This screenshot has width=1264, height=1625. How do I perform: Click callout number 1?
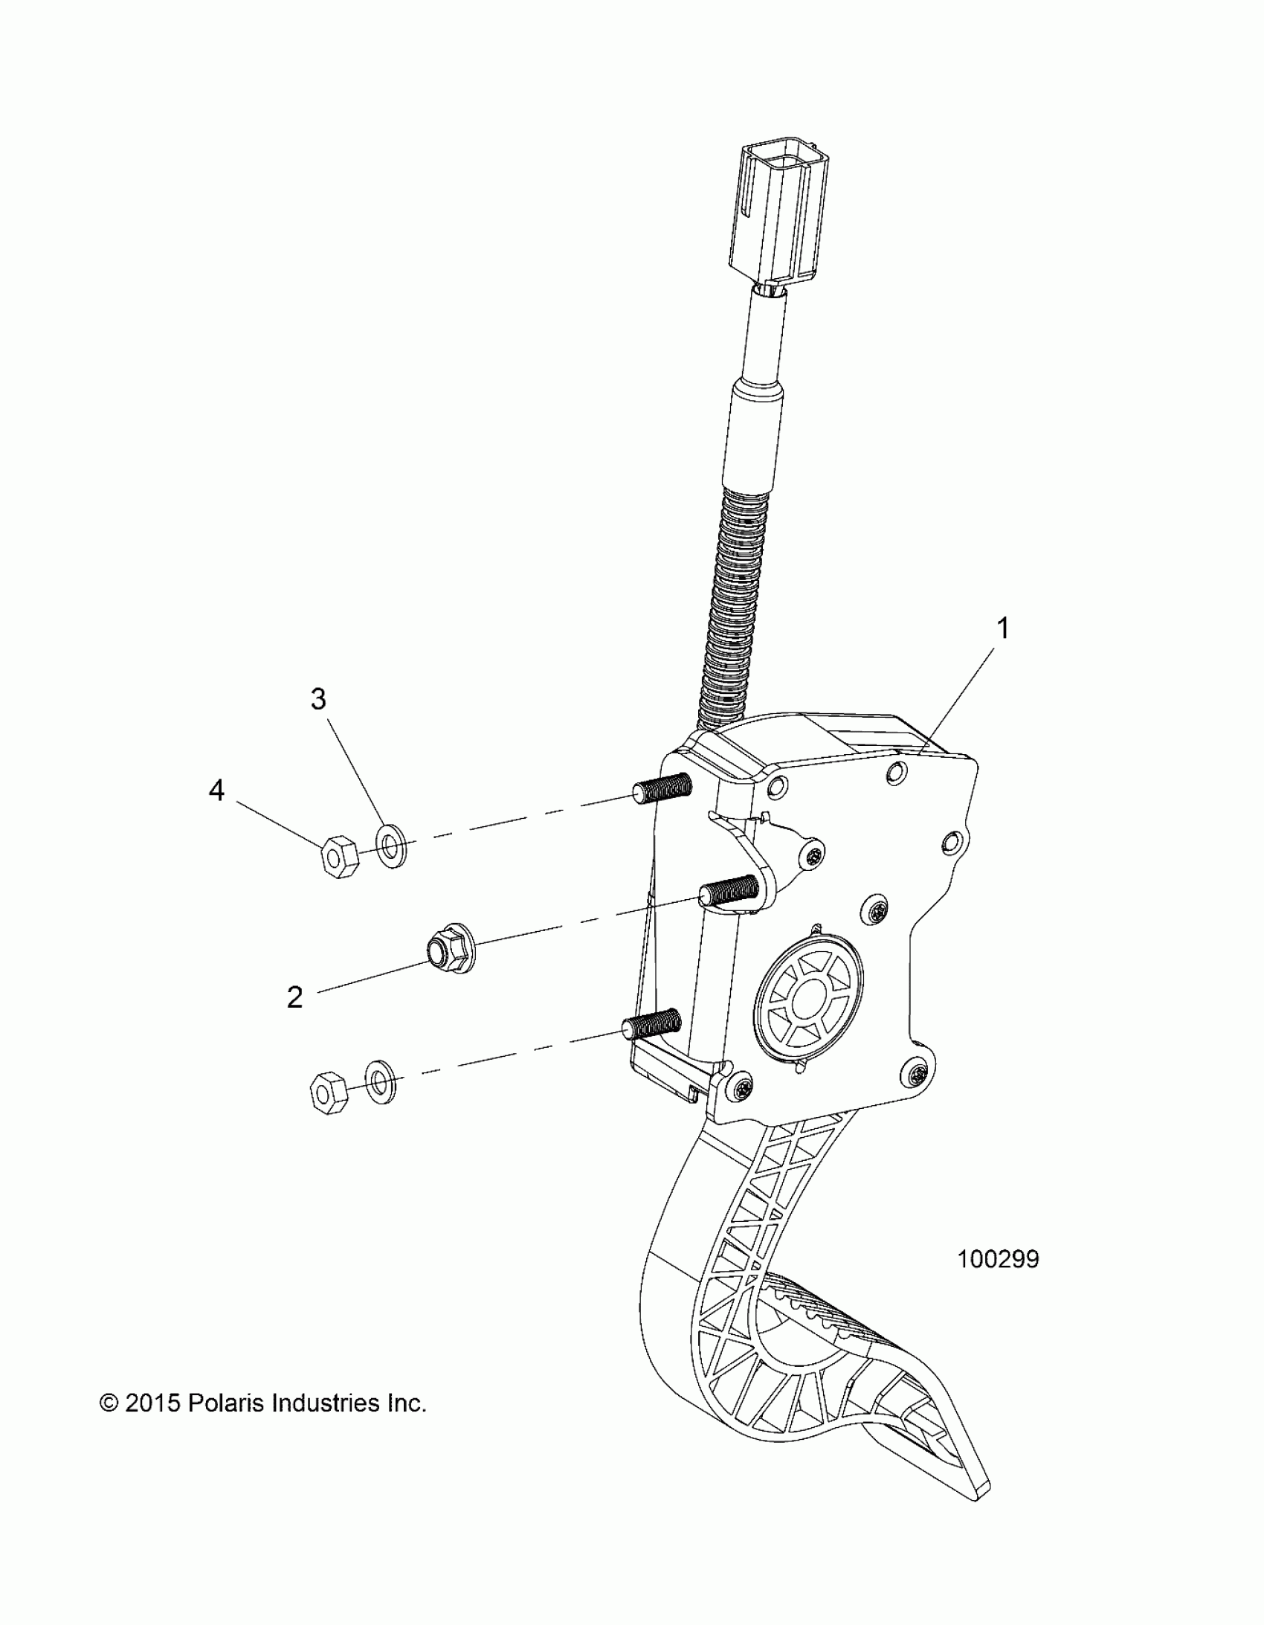pyautogui.click(x=1003, y=628)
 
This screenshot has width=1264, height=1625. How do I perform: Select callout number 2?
pyautogui.click(x=294, y=998)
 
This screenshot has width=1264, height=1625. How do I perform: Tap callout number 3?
pyautogui.click(x=318, y=698)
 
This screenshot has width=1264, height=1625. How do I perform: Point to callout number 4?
pyautogui.click(x=216, y=791)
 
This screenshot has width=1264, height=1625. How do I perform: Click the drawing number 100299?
pyautogui.click(x=998, y=1259)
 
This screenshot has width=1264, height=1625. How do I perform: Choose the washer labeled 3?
pyautogui.click(x=390, y=847)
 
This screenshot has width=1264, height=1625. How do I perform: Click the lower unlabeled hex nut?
pyautogui.click(x=327, y=1093)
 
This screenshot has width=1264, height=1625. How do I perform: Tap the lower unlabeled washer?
pyautogui.click(x=380, y=1082)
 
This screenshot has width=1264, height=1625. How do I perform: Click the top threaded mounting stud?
pyautogui.click(x=662, y=788)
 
